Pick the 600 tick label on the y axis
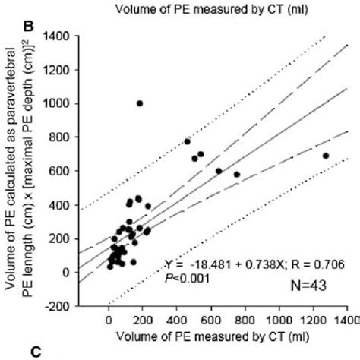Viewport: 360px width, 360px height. click(59, 172)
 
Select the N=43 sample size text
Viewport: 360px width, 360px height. click(311, 287)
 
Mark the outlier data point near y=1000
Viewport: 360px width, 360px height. click(140, 103)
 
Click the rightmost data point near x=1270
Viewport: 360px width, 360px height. click(326, 156)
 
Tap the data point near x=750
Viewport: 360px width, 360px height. click(236, 175)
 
